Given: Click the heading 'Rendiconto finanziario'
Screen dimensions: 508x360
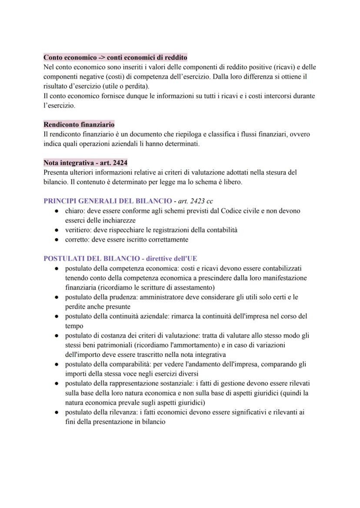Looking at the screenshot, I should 79,125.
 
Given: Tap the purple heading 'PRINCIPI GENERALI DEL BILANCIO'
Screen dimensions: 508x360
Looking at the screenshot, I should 108,201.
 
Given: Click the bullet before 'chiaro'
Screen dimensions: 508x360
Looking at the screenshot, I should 57,211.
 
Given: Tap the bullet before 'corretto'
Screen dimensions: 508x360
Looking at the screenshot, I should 57,239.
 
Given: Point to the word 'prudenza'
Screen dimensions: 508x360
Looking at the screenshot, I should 119,297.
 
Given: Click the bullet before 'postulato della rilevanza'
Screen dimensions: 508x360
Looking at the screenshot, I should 57,412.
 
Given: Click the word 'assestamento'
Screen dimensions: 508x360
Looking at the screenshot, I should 193,287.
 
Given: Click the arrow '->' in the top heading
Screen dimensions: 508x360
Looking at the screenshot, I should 101,57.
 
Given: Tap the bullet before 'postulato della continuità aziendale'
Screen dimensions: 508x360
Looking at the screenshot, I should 57,316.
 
